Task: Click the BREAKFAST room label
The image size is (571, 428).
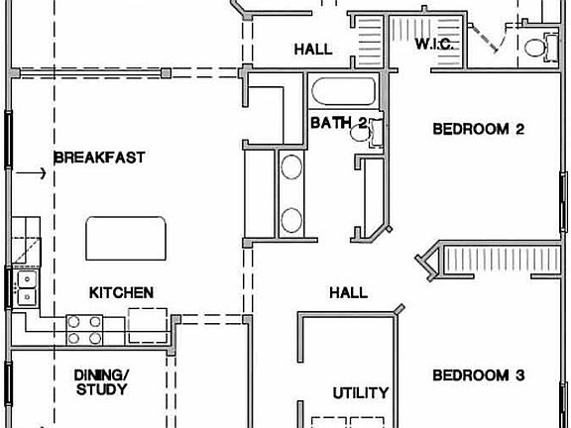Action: [x=99, y=157]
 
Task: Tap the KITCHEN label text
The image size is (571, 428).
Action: [x=121, y=292]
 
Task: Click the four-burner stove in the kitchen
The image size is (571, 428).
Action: [x=84, y=329]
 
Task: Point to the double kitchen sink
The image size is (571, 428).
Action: [x=26, y=287]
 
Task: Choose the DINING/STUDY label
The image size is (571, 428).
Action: [x=101, y=381]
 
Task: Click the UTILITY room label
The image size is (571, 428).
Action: [x=360, y=392]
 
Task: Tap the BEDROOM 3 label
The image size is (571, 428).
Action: [x=478, y=375]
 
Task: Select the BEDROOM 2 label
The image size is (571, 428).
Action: [x=478, y=129]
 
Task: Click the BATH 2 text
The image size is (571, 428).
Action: [x=338, y=123]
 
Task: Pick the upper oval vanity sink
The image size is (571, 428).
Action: [x=292, y=167]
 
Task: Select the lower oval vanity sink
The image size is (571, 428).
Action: [x=292, y=219]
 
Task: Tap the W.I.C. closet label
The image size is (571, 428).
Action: [x=433, y=46]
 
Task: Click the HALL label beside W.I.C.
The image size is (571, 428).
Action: [x=312, y=49]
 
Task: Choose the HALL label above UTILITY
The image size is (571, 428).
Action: [x=348, y=292]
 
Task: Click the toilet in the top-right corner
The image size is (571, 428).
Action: [x=536, y=46]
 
